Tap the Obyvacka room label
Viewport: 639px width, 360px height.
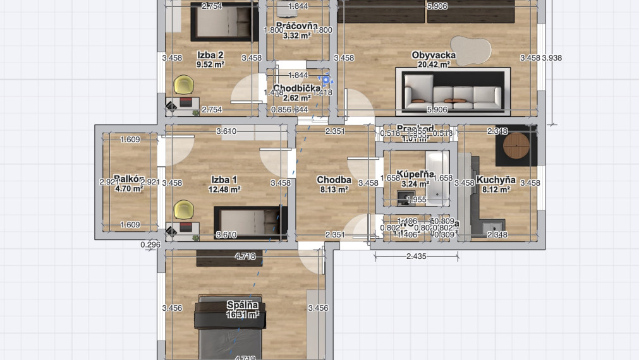pyautogui.click(x=434, y=55)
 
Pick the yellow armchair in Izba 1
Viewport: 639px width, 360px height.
pyautogui.click(x=183, y=208)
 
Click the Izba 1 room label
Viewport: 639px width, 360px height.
pyautogui.click(x=224, y=179)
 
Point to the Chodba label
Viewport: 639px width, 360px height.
pyautogui.click(x=334, y=180)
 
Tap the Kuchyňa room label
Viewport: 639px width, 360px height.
pyautogui.click(x=496, y=180)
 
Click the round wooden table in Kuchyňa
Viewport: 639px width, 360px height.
pyautogui.click(x=516, y=147)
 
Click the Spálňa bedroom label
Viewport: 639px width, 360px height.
pyautogui.click(x=243, y=305)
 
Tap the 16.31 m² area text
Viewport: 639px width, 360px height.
pyautogui.click(x=243, y=315)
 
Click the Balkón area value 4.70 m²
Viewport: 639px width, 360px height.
pyautogui.click(x=130, y=188)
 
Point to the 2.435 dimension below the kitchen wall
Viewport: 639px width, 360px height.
pyautogui.click(x=417, y=256)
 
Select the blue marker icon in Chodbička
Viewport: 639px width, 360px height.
pyautogui.click(x=326, y=80)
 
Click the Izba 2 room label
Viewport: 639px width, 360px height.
pyautogui.click(x=210, y=55)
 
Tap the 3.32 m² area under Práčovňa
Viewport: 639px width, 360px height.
pyautogui.click(x=296, y=36)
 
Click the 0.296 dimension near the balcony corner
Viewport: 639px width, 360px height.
pyautogui.click(x=150, y=244)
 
